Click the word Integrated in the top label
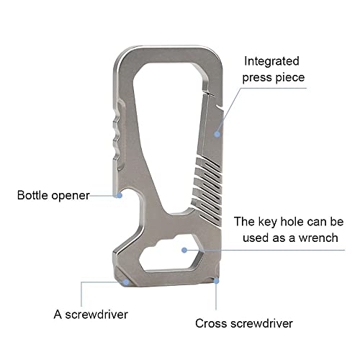pos(271,62)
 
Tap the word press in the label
pos(257,78)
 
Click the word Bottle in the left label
pos(33,195)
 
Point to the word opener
pos(71,197)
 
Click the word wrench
pos(318,238)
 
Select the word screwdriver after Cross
pos(261,323)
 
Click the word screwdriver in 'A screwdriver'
pos(96,315)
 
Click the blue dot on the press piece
pos(217,134)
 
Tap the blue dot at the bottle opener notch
pos(120,195)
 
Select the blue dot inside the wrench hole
pos(184,251)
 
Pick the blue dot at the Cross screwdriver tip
pos(216,281)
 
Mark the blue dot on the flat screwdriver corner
pos(126,282)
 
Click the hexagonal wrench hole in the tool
pos(171,253)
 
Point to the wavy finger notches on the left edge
pos(118,137)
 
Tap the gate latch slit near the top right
pos(208,93)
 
